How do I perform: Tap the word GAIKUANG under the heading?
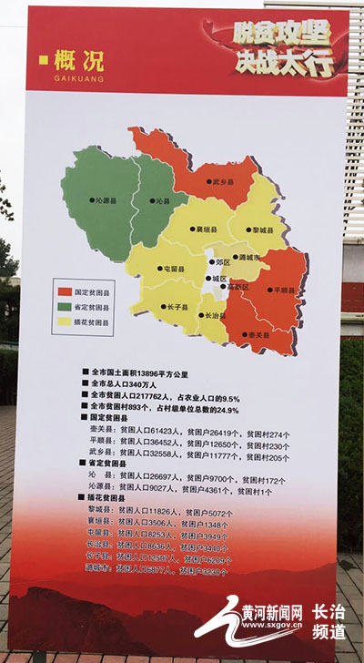tap(80, 79)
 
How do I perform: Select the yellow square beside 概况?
tap(44, 61)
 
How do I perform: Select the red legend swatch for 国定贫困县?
tap(64, 292)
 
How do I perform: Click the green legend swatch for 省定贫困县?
tap(64, 307)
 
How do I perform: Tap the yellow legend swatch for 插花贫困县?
tap(64, 321)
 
